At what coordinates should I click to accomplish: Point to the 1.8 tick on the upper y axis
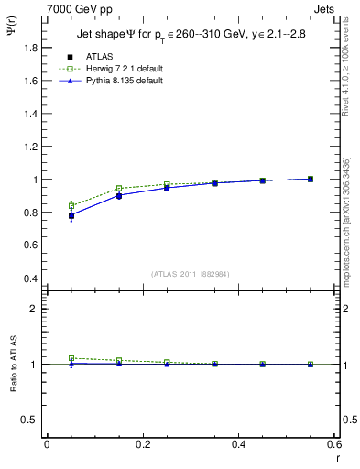(x=31, y=48)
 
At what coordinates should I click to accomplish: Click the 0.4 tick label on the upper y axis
(x=31, y=278)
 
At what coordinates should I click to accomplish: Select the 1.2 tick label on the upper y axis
(x=31, y=147)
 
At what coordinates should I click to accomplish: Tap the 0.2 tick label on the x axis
(x=142, y=444)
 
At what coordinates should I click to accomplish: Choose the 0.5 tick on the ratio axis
(x=31, y=420)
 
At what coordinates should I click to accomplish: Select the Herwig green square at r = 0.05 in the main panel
(x=71, y=205)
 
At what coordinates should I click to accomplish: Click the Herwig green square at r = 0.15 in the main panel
(x=119, y=189)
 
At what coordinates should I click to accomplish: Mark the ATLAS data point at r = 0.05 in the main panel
(x=71, y=215)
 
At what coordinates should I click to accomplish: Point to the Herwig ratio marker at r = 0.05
(x=71, y=358)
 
